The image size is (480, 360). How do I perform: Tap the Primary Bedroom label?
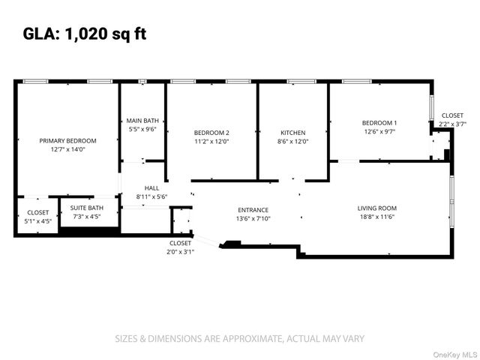pos(68,140)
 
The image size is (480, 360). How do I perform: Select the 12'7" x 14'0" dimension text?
pos(68,149)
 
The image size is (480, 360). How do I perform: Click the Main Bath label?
pos(142,120)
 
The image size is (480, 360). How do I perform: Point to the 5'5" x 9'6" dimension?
pos(142,129)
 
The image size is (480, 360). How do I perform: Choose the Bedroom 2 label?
pos(211,132)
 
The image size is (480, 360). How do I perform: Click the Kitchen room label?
pos(293,132)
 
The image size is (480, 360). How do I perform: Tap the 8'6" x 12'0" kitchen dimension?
pos(293,141)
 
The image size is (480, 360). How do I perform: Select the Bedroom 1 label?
pos(379,122)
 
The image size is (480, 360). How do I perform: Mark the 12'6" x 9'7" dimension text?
pos(379,131)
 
